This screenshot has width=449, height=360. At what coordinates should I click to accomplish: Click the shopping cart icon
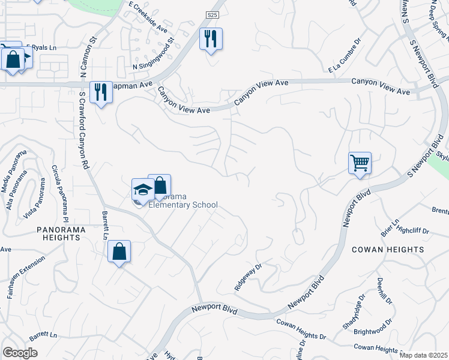(360, 163)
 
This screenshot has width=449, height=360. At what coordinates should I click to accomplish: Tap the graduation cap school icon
(143, 190)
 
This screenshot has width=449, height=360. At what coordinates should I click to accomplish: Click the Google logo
(20, 352)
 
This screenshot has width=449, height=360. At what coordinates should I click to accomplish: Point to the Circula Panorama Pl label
(61, 193)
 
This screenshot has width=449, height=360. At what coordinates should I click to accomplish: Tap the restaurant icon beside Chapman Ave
(101, 92)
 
